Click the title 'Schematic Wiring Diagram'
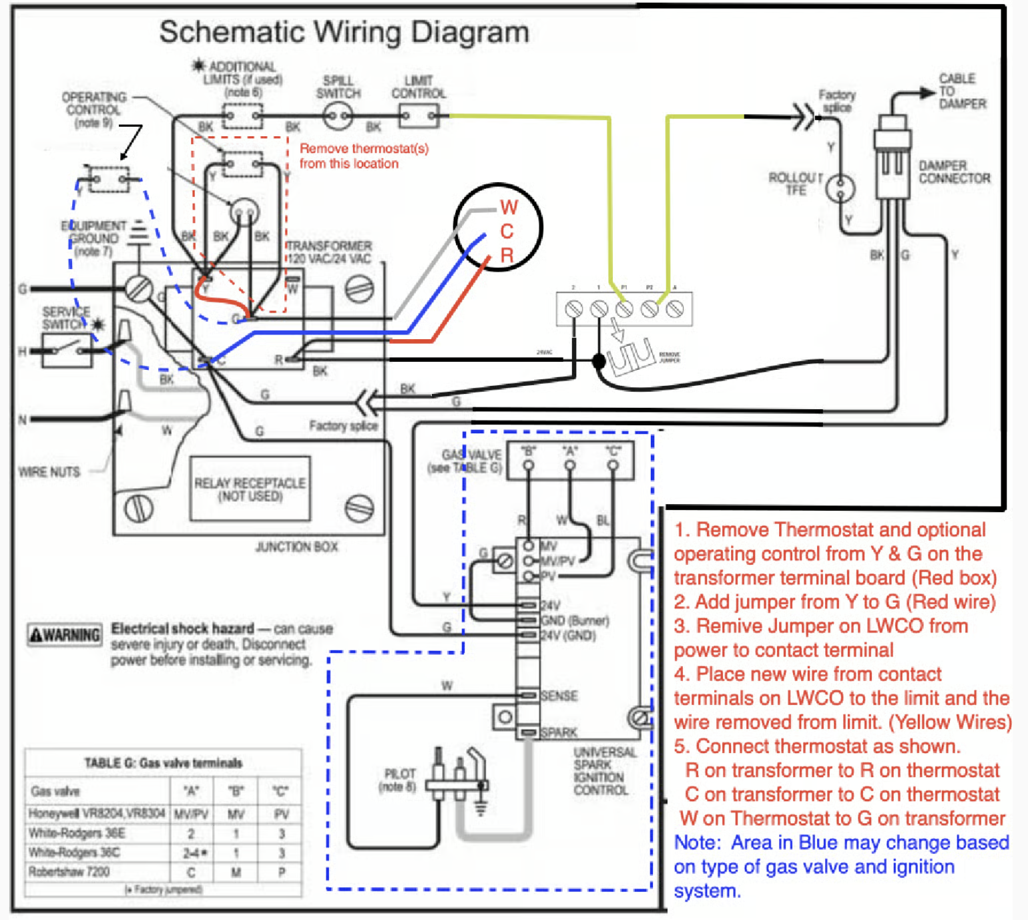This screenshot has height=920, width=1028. [344, 32]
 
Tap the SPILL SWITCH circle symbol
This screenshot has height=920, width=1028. [338, 117]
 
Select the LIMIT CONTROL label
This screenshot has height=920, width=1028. [419, 87]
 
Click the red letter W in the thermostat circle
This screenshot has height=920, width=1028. [509, 208]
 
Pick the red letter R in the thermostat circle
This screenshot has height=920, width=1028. [507, 255]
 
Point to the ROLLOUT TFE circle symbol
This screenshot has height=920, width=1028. [840, 188]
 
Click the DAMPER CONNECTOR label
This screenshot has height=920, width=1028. [954, 172]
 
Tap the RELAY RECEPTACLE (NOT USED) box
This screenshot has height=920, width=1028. [250, 489]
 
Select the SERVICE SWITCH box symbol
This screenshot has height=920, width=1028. [67, 351]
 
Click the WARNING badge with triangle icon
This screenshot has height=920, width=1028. [65, 634]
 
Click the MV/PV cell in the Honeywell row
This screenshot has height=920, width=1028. [191, 814]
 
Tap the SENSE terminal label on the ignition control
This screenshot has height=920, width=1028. [559, 696]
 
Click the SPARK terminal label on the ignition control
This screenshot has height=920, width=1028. [559, 732]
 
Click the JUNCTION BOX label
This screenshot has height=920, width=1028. [296, 547]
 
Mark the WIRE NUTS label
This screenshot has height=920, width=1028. [49, 472]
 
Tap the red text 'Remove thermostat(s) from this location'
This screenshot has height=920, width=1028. [364, 156]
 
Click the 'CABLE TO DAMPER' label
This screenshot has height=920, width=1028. [962, 91]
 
